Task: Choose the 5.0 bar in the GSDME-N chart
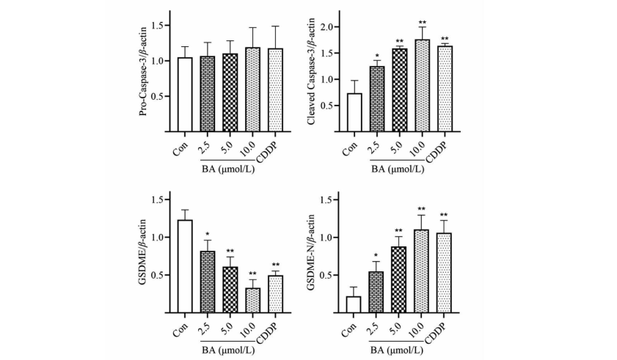tap(400, 279)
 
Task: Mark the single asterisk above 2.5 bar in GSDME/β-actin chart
tap(208, 234)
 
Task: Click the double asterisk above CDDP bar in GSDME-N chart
tap(444, 215)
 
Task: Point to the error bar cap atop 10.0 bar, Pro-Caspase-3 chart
tap(253, 28)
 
